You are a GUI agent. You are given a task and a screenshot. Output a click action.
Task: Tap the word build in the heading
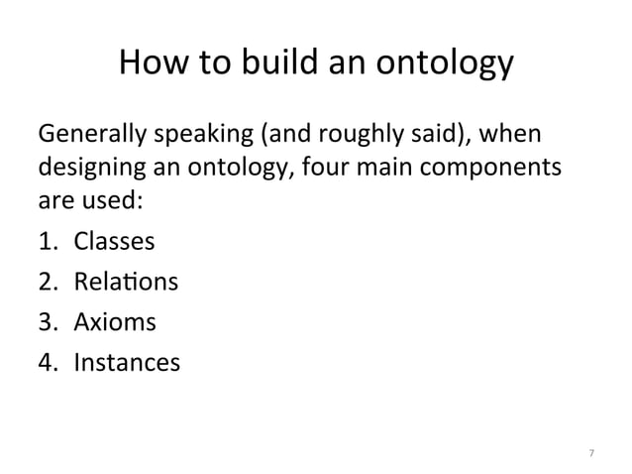(284, 64)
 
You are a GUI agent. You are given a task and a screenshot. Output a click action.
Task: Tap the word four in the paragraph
(324, 166)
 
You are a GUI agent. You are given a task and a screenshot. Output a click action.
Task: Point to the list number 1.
(47, 242)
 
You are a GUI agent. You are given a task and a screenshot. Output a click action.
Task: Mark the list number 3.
(47, 322)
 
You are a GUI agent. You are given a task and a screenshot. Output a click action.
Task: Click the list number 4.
(47, 363)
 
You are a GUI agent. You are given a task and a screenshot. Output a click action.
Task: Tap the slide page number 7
(590, 452)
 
